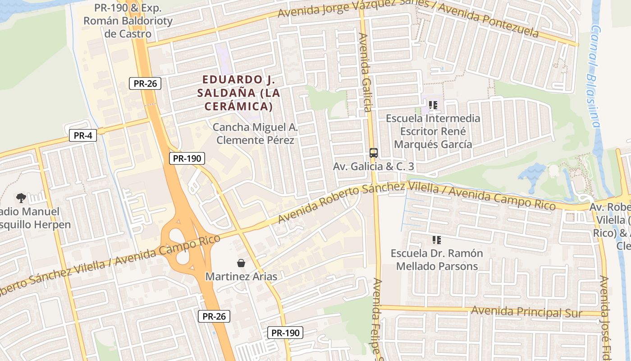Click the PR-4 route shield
pyautogui.click(x=83, y=135)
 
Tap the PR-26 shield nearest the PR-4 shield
pyautogui.click(x=145, y=83)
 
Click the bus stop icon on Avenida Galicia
pyautogui.click(x=373, y=153)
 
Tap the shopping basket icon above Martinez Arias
pyautogui.click(x=241, y=263)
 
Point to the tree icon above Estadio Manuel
pyautogui.click(x=21, y=198)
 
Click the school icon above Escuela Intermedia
pyautogui.click(x=433, y=106)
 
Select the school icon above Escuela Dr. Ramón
pyautogui.click(x=436, y=240)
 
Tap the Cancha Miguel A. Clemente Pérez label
pyautogui.click(x=255, y=134)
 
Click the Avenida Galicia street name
pyautogui.click(x=365, y=72)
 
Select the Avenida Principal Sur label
pyautogui.click(x=526, y=312)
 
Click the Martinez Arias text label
pyautogui.click(x=241, y=276)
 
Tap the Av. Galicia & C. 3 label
pyautogui.click(x=373, y=167)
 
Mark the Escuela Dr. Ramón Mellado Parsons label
pyautogui.click(x=436, y=260)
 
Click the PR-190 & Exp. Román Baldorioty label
pyautogui.click(x=128, y=21)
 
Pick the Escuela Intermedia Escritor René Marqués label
pyautogui.click(x=433, y=131)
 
